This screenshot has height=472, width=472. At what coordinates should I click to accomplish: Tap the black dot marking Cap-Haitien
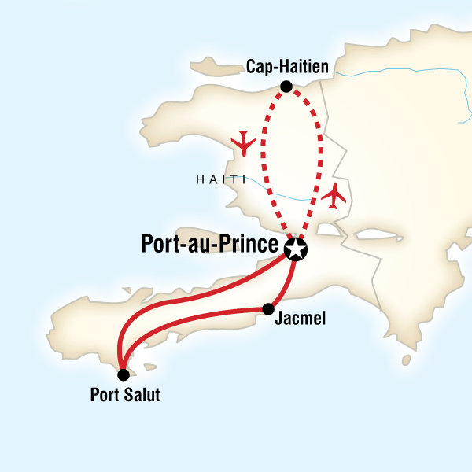[286, 87]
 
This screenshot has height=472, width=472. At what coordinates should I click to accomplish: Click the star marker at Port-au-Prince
[296, 250]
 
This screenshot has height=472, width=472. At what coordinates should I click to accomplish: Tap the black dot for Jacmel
[268, 308]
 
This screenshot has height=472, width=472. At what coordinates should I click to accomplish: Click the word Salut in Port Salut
[141, 395]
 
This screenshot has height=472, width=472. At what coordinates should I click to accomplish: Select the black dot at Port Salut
[123, 374]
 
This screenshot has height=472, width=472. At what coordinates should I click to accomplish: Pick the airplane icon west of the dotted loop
[245, 142]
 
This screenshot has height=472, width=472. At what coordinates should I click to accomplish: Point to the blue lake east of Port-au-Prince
[378, 234]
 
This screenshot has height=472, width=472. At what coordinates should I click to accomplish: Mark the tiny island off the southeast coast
[405, 360]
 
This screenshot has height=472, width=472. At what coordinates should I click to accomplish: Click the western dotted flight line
[262, 157]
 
